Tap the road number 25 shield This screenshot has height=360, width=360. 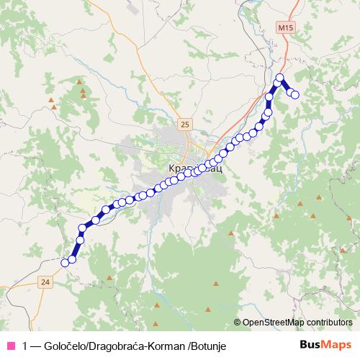point(186,125)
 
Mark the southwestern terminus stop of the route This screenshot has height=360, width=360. point(65,262)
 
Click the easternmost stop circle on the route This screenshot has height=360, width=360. point(294,94)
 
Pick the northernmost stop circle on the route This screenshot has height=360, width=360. point(280,78)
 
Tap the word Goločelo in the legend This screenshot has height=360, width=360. point(67,346)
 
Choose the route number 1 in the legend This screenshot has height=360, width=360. point(26,346)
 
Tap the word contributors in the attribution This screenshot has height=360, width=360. point(328,323)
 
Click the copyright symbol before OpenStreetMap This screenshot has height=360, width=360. point(238,323)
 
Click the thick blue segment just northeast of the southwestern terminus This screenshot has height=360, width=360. point(75,246)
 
